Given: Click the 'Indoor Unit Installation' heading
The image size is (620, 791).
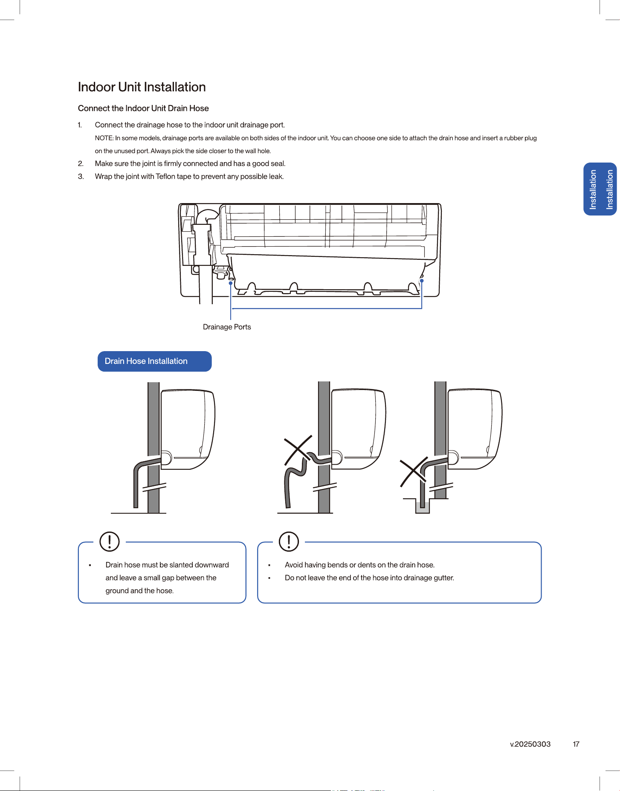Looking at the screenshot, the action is [142, 87].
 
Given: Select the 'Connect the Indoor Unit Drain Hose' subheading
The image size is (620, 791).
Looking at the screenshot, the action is [143, 108].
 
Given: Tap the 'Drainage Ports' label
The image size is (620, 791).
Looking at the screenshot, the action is [227, 327].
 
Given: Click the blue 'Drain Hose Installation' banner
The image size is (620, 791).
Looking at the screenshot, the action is [154, 361].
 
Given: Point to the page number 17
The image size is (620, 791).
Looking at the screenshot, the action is [576, 744].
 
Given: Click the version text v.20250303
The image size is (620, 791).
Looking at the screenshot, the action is [530, 744].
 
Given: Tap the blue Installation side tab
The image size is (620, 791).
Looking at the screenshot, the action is [600, 189].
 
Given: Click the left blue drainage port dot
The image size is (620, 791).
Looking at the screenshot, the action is [231, 283].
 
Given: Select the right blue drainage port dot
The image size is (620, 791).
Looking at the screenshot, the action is [422, 281].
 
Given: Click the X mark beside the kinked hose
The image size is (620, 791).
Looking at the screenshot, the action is [298, 450].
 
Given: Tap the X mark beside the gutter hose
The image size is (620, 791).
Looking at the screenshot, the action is [414, 471].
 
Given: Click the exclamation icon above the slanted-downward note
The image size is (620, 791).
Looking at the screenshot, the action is [110, 541].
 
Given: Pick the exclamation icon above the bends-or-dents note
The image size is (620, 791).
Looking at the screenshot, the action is [289, 541].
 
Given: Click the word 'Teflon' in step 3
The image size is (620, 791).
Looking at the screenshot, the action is [165, 177].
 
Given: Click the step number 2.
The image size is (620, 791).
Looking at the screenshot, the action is [80, 164].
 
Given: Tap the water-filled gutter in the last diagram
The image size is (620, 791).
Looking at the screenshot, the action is [423, 507].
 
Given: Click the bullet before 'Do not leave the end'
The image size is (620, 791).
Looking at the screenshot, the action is [269, 578].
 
